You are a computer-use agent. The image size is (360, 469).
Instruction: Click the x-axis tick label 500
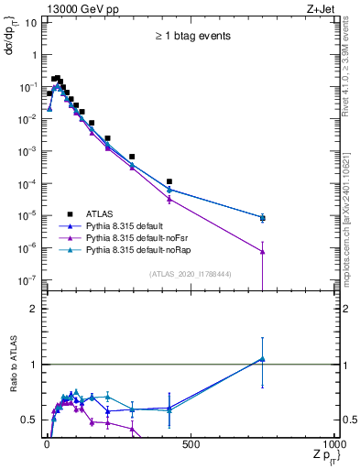click(x=191, y=444)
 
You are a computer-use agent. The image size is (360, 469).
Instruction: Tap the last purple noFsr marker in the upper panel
click(x=262, y=251)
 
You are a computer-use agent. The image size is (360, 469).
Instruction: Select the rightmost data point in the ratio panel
click(x=262, y=359)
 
